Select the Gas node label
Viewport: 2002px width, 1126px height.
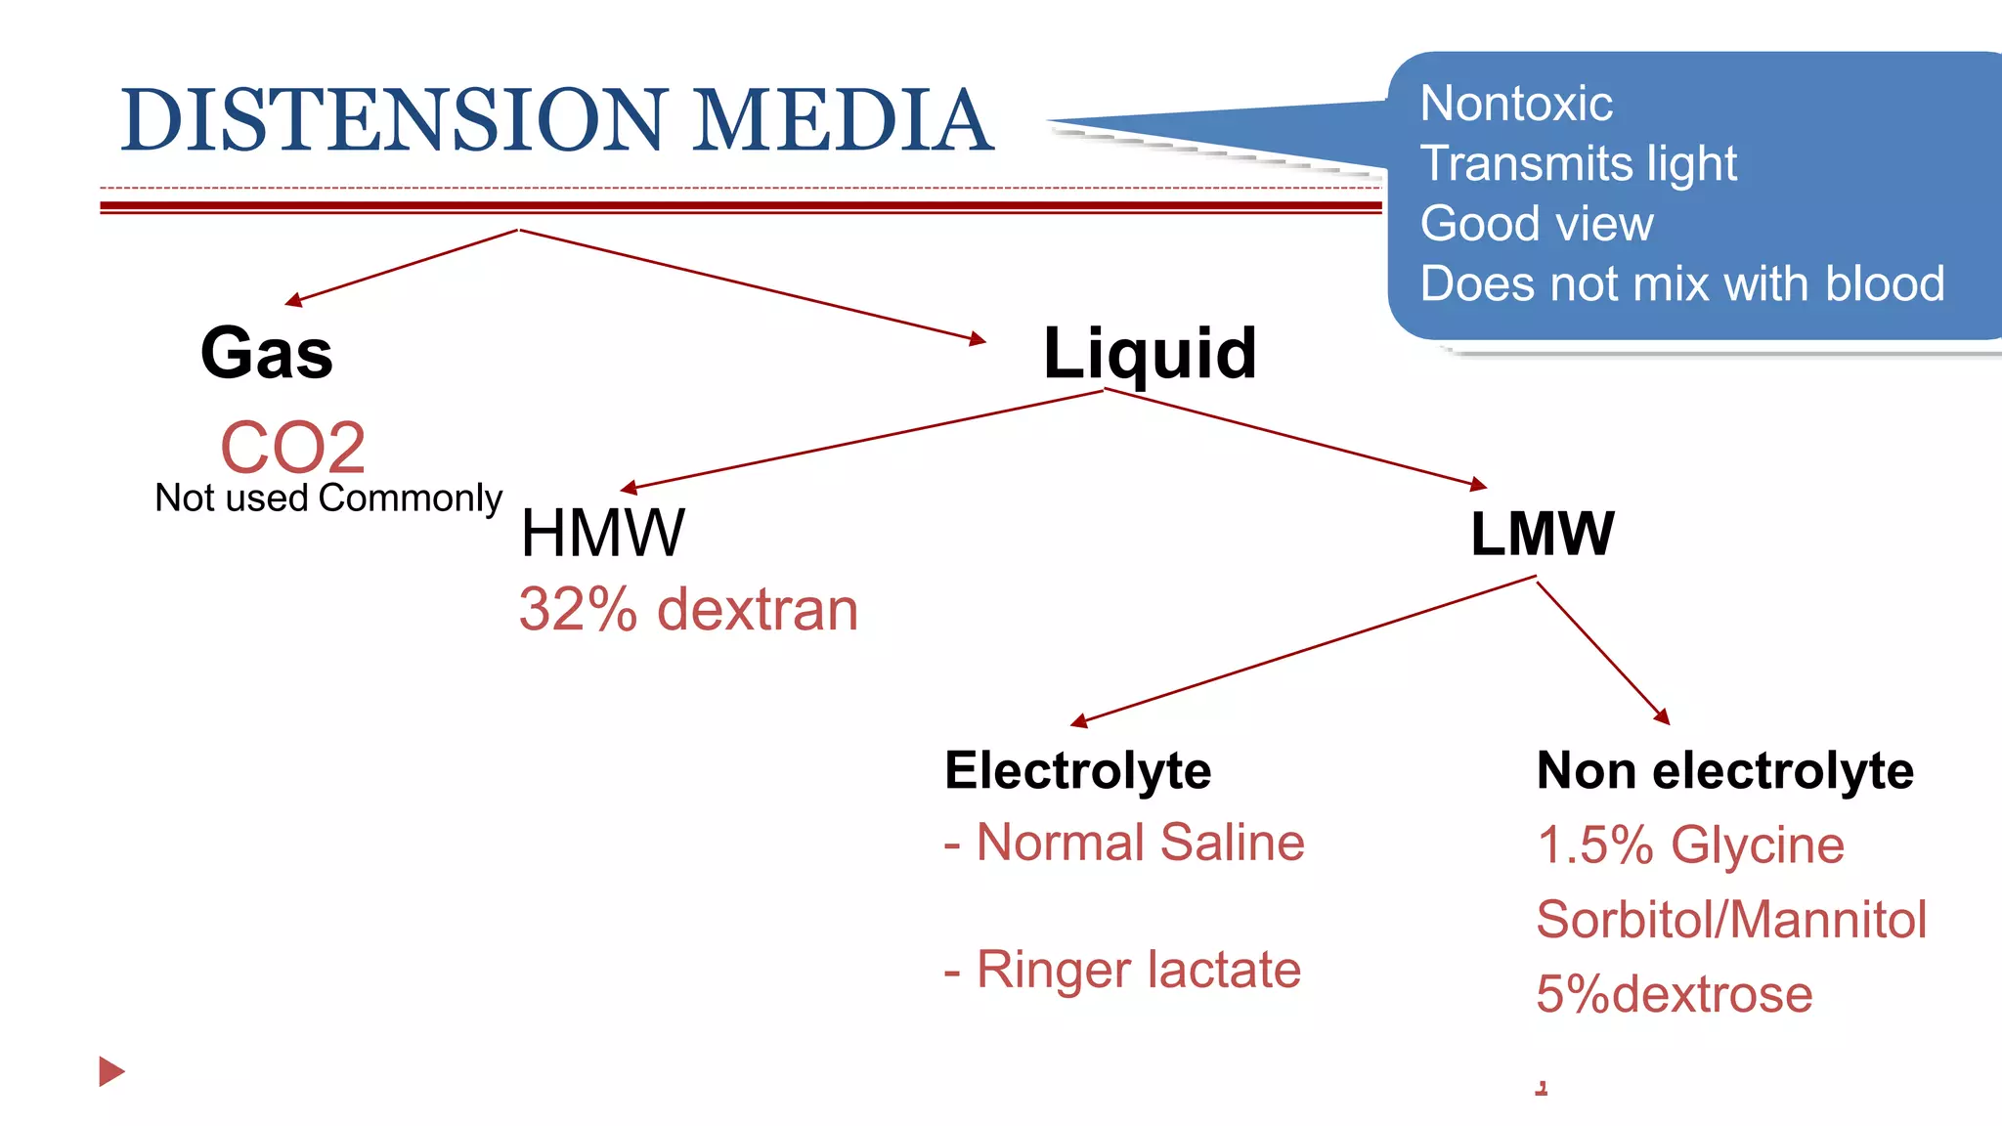pyautogui.click(x=266, y=353)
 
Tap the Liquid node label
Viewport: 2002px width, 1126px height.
pyautogui.click(x=1150, y=354)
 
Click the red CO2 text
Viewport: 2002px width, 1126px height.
pyautogui.click(x=292, y=448)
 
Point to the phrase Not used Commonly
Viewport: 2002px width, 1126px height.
pyautogui.click(x=328, y=498)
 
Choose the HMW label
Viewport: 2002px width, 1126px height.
pyautogui.click(x=602, y=534)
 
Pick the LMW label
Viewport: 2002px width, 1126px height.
pyautogui.click(x=1543, y=534)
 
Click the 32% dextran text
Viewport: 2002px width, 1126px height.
pyautogui.click(x=688, y=610)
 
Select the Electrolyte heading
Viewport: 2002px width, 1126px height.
pyautogui.click(x=1077, y=770)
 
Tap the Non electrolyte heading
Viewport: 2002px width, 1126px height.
pyautogui.click(x=1724, y=770)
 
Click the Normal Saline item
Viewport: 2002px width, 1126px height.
pyautogui.click(x=1124, y=843)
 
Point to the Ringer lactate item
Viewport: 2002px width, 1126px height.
pyautogui.click(x=1122, y=970)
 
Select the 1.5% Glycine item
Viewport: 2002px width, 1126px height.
pyautogui.click(x=1690, y=844)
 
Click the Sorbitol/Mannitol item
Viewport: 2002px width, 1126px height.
pyautogui.click(x=1731, y=920)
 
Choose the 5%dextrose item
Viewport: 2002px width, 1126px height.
pyautogui.click(x=1674, y=994)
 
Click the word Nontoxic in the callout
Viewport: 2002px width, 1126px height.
pyautogui.click(x=1516, y=104)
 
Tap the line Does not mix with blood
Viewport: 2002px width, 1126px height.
pyautogui.click(x=1682, y=284)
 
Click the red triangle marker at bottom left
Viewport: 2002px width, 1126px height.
pyautogui.click(x=110, y=1071)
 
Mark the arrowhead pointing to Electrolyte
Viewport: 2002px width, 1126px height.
pyautogui.click(x=1078, y=722)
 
